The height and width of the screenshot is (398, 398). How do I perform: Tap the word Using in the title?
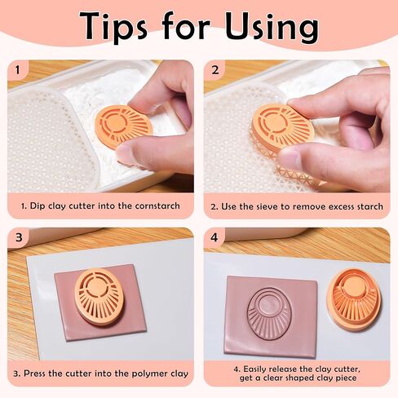(272, 27)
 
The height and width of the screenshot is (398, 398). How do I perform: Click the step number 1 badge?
(17, 70)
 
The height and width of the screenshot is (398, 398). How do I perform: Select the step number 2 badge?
(215, 70)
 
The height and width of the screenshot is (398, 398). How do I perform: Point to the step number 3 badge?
(19, 237)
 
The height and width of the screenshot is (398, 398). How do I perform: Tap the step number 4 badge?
(214, 237)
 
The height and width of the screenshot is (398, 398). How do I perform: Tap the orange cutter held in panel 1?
(123, 127)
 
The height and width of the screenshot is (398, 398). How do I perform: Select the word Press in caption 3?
(35, 373)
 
